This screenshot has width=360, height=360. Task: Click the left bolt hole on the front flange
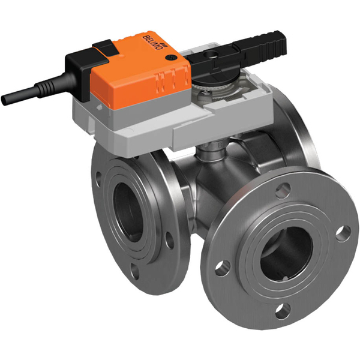pos(223,265)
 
